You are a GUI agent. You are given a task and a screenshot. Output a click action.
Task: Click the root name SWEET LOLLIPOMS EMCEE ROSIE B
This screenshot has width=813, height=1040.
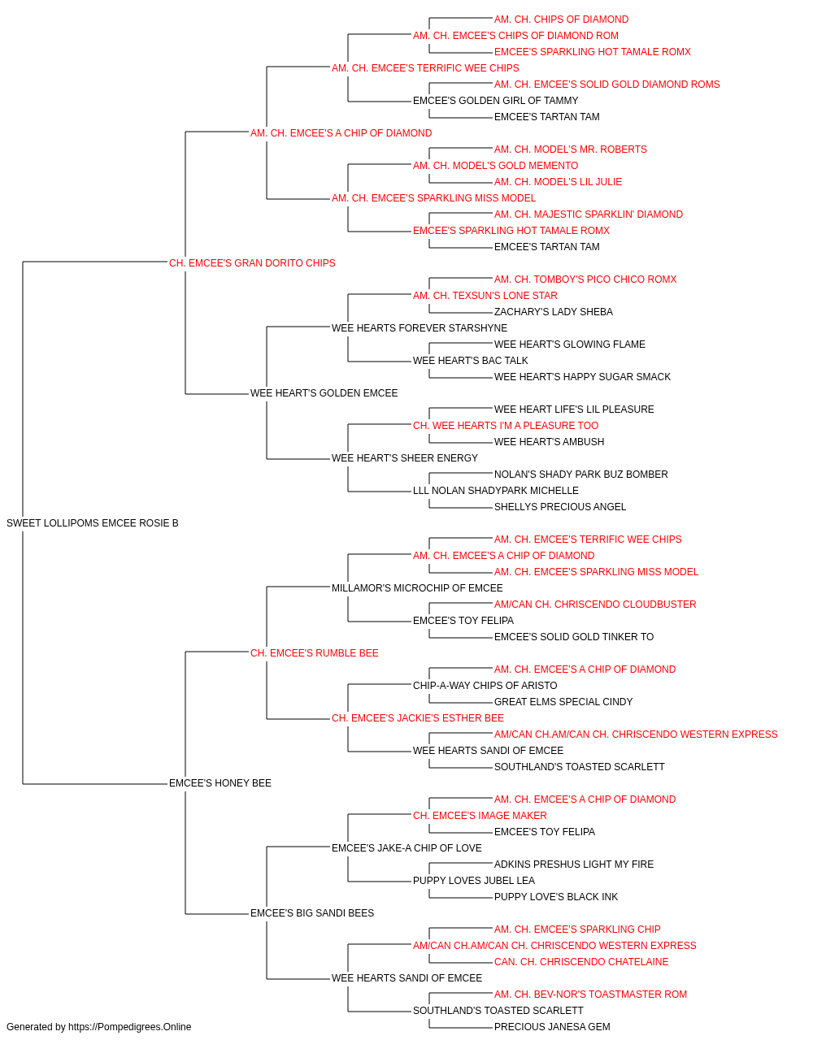point(93,523)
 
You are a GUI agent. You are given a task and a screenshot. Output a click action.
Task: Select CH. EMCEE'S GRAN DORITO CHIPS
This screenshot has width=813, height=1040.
point(252,263)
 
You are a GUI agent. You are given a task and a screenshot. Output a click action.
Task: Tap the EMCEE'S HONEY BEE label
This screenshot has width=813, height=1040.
point(220,783)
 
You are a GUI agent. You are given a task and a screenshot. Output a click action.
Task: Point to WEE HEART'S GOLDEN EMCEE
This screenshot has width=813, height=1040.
point(324,393)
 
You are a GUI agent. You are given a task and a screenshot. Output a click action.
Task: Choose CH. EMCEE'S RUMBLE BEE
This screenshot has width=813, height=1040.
point(314,652)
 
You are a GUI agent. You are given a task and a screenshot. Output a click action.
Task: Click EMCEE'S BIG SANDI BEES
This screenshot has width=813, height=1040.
point(311,912)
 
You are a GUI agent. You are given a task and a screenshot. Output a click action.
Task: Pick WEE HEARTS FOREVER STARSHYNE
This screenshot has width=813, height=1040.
point(419,327)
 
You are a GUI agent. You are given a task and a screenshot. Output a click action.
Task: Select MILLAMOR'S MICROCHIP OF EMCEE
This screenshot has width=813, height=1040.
point(417,587)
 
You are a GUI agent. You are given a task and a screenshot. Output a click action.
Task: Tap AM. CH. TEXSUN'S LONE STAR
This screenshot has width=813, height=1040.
point(485,295)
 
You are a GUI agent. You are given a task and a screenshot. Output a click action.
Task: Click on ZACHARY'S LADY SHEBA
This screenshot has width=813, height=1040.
point(553,311)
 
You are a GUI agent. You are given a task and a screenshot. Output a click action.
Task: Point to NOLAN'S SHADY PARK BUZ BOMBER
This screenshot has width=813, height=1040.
point(580,474)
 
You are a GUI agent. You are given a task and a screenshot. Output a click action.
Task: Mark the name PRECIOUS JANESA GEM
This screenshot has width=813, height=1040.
point(552,1027)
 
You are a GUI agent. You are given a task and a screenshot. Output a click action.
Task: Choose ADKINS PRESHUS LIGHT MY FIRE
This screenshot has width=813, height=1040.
point(574,864)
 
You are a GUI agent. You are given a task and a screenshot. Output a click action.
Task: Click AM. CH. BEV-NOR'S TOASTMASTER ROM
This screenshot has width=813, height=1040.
point(590,994)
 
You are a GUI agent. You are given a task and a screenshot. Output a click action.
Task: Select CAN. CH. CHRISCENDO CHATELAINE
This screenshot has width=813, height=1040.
point(581,961)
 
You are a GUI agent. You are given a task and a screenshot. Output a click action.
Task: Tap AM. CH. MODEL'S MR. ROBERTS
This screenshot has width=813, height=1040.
point(570,149)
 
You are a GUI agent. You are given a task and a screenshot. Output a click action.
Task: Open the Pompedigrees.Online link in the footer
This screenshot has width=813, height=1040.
point(129,1027)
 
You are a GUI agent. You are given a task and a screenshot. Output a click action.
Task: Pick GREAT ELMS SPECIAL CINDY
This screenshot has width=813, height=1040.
point(563,702)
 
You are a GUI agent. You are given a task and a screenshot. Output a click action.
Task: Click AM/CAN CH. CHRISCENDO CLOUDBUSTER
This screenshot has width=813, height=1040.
point(595,604)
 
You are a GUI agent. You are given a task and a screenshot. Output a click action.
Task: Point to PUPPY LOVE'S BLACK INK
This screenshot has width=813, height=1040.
point(556,896)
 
